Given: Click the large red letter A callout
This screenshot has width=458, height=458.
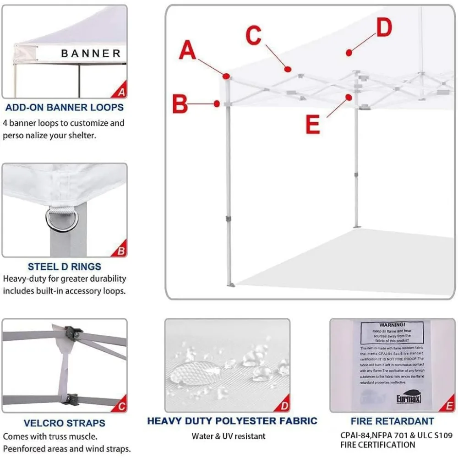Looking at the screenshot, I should tap(187, 50).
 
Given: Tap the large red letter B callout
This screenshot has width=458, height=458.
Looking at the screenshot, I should tap(180, 104).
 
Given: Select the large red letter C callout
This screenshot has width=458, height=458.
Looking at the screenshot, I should tap(253, 36).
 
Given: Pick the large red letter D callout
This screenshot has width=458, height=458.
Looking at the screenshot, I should tap(384, 28).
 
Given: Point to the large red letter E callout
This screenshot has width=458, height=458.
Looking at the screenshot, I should tap(312, 124).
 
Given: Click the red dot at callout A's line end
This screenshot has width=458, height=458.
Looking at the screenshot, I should tap(226, 76).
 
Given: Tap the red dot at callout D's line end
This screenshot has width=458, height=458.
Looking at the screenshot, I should tap(349, 53).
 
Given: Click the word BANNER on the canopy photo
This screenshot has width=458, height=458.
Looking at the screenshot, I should tap(91, 54).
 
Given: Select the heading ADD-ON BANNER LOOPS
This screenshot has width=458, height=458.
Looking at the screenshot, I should tap(64, 108).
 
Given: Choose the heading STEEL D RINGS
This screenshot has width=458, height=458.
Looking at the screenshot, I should tap(64, 267).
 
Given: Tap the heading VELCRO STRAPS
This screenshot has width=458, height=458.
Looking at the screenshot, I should tap(64, 423).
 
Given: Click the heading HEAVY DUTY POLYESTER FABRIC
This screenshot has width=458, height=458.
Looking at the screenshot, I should tap(232, 421).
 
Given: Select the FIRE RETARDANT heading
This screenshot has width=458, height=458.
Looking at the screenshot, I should tap(393, 421).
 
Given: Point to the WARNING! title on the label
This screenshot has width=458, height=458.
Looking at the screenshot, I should tap(392, 325).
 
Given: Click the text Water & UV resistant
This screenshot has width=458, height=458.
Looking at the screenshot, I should tap(229, 436).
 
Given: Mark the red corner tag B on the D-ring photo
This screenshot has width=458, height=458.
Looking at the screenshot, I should tap(121, 251).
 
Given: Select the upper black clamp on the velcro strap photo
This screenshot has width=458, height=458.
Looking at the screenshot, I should tap(72, 332).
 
